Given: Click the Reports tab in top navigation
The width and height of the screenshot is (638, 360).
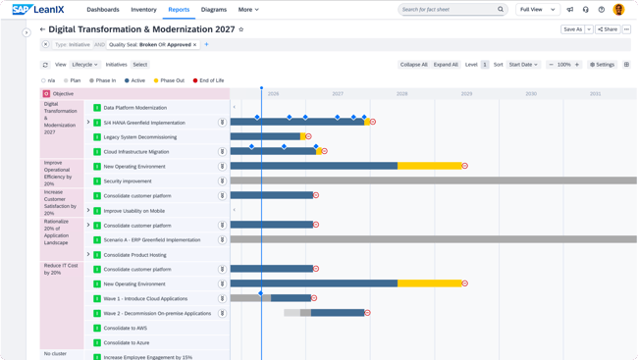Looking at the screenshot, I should pyautogui.click(x=179, y=10).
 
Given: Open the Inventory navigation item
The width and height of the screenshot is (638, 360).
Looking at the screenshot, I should pyautogui.click(x=143, y=10).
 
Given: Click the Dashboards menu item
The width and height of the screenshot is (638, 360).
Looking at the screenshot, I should pyautogui.click(x=103, y=10).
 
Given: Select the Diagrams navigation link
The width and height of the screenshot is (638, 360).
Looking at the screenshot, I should pyautogui.click(x=214, y=10).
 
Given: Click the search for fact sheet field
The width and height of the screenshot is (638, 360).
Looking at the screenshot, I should pyautogui.click(x=447, y=10).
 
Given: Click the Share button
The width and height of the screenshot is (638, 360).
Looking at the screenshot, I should pyautogui.click(x=608, y=29).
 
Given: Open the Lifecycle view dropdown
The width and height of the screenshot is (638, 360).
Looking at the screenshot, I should pyautogui.click(x=84, y=65).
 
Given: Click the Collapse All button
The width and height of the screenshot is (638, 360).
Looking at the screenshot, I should pyautogui.click(x=413, y=65).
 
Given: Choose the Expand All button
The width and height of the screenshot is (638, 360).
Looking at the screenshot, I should pyautogui.click(x=446, y=65).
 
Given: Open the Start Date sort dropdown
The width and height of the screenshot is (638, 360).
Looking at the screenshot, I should pyautogui.click(x=523, y=65).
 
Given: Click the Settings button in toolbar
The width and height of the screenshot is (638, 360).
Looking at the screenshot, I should pyautogui.click(x=602, y=65).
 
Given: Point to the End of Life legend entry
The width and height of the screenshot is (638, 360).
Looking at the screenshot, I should pyautogui.click(x=209, y=80).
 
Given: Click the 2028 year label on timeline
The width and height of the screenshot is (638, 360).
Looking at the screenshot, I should pyautogui.click(x=401, y=94).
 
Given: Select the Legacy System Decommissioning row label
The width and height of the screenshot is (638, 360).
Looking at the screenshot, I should pyautogui.click(x=139, y=137).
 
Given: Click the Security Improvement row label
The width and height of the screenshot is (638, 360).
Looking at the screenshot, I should pyautogui.click(x=128, y=181).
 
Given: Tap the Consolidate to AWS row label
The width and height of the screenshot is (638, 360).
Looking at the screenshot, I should pyautogui.click(x=126, y=329).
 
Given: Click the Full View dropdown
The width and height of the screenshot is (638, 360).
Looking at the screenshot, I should pyautogui.click(x=537, y=10).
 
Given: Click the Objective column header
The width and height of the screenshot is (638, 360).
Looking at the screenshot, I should pyautogui.click(x=62, y=94).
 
